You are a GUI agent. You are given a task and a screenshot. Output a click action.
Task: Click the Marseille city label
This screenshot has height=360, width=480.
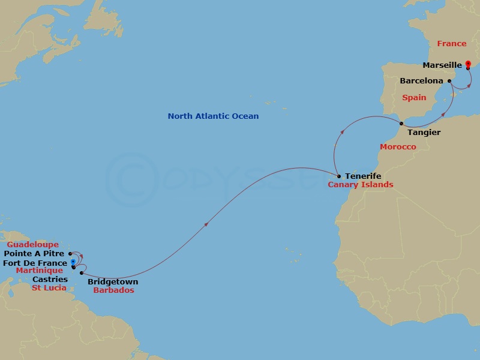click(442, 65)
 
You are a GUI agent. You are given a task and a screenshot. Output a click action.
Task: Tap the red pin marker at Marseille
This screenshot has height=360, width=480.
click(468, 64)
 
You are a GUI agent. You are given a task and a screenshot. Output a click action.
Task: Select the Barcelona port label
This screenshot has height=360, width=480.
click(421, 80)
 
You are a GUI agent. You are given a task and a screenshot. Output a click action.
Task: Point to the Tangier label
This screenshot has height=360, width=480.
click(424, 132)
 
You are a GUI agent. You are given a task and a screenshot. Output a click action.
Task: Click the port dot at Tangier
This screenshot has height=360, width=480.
click(401, 124)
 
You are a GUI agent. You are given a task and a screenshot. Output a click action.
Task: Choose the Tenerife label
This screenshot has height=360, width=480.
click(363, 176)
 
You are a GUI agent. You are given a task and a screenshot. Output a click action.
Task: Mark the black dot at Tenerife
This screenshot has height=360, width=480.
click(339, 176)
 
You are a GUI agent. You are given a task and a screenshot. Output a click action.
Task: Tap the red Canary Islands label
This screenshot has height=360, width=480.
click(361, 185)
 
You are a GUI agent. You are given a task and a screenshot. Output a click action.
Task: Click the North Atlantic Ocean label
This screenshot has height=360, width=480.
click(213, 116)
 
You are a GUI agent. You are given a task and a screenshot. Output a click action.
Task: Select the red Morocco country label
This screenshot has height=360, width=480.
click(398, 147)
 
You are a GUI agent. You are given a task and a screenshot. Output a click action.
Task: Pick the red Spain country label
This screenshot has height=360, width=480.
click(414, 97)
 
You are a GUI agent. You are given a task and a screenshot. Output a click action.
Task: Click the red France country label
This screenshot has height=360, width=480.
click(451, 44)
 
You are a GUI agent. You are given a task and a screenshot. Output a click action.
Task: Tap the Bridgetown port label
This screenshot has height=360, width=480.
click(113, 282)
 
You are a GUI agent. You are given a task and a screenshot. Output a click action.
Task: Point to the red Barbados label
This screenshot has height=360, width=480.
click(114, 290)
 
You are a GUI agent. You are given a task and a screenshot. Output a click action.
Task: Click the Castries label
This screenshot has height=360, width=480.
click(50, 280)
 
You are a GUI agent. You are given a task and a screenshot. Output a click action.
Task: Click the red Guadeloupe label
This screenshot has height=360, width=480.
click(32, 245)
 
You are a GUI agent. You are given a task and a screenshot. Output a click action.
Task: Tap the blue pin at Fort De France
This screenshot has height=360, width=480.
click(73, 262)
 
